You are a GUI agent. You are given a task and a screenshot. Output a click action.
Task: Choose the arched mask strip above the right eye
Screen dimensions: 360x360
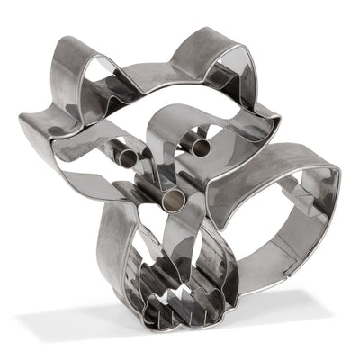(x=171, y=117)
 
